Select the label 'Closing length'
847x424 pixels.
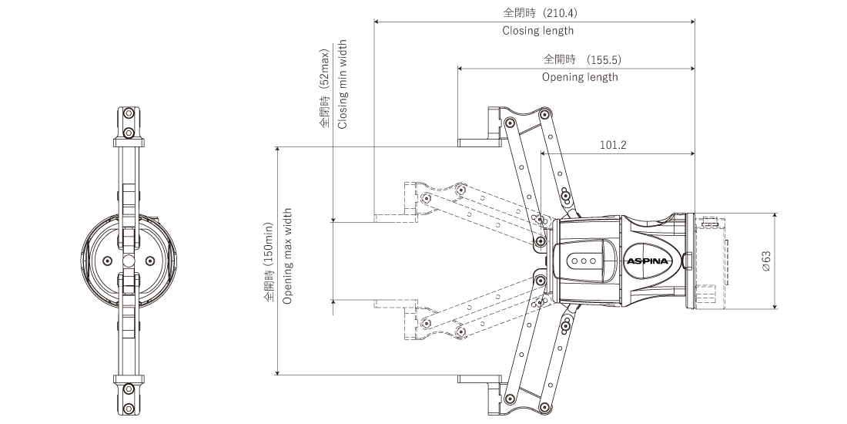[x=537, y=32]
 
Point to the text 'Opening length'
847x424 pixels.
[x=579, y=77]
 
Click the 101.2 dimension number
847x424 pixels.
[x=613, y=144]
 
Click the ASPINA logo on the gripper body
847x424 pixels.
[x=649, y=262]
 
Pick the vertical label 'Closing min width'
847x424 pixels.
[x=343, y=84]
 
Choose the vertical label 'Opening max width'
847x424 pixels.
[x=287, y=255]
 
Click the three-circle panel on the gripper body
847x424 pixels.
[x=585, y=261]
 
